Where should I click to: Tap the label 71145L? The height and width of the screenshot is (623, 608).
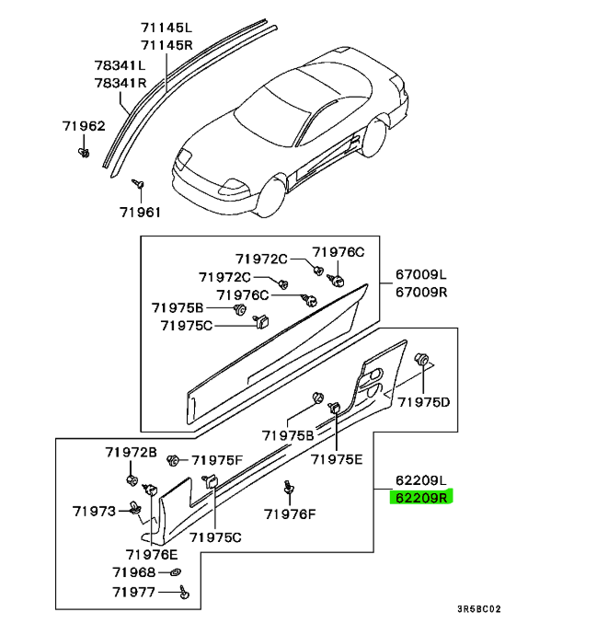(x=166, y=28)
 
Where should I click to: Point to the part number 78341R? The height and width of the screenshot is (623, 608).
(x=120, y=83)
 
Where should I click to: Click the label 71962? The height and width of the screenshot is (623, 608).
(x=84, y=126)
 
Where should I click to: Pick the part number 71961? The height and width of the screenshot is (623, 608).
(x=140, y=212)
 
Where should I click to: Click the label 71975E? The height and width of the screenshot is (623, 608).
(x=337, y=459)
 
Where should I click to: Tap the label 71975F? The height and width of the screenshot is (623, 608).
(x=217, y=459)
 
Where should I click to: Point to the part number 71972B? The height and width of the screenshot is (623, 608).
(x=131, y=452)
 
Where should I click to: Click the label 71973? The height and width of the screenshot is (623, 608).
(x=95, y=509)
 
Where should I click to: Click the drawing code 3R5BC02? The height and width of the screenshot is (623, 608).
(x=479, y=609)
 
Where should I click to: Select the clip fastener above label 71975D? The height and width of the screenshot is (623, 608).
(x=424, y=361)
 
